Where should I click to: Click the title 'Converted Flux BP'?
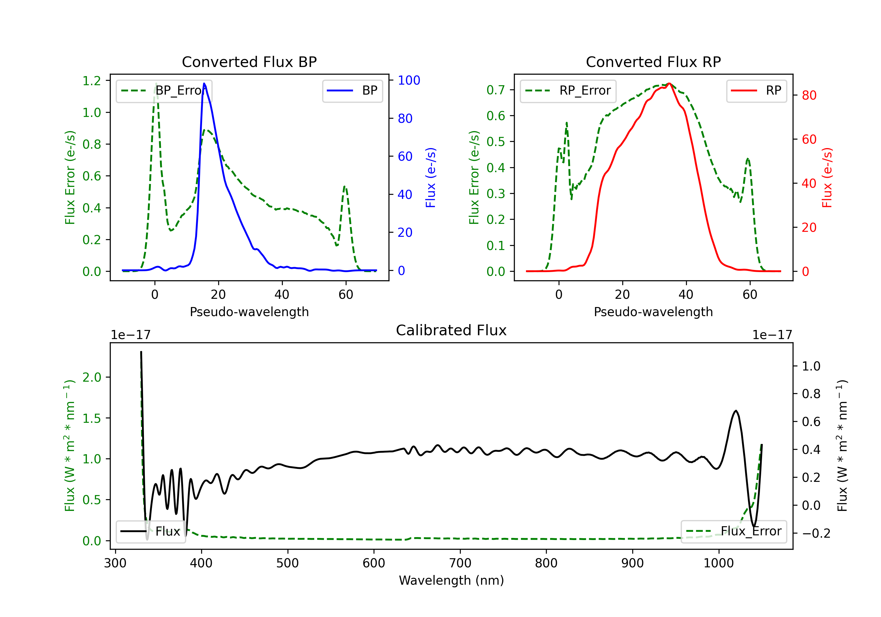click(249, 62)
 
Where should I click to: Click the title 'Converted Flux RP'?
click(653, 62)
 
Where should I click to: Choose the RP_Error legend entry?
click(568, 90)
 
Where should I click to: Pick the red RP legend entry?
click(756, 90)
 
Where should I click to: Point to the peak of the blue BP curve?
click(204, 83)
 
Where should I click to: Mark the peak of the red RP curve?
click(669, 83)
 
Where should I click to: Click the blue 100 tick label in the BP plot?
click(409, 80)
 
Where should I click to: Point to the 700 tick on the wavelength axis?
click(460, 563)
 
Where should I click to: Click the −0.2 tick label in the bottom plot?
click(816, 533)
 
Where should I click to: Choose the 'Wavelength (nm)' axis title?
click(451, 580)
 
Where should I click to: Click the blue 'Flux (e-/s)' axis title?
click(431, 177)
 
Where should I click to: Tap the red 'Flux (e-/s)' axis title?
click(827, 177)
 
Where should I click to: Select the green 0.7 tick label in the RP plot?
click(496, 90)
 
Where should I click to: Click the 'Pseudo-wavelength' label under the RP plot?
click(653, 312)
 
